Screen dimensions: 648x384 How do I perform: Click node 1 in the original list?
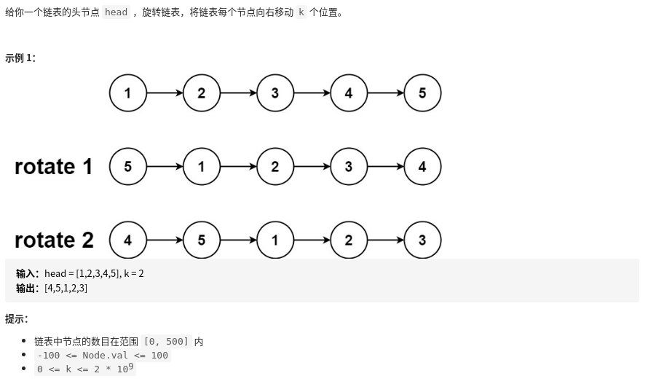128,93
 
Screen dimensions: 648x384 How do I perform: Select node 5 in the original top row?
422,93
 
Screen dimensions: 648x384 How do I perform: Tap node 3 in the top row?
275,93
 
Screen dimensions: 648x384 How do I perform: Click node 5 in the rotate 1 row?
128,167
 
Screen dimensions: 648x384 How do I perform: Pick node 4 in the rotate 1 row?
422,167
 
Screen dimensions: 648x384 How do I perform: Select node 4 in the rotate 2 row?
128,240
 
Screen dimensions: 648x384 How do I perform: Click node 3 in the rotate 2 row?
422,240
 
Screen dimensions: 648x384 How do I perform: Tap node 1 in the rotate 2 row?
275,240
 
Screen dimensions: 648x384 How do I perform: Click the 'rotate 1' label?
54,167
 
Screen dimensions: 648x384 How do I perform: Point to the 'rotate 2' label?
54,240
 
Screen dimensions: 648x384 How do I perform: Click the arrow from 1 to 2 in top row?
165,93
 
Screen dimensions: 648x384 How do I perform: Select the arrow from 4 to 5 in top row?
385,93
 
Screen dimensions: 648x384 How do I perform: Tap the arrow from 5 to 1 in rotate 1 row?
165,167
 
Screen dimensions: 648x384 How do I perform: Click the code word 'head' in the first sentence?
116,12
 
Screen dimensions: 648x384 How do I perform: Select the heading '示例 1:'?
20,58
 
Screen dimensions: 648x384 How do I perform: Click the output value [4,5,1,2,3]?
66,289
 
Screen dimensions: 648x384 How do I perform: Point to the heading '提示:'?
17,319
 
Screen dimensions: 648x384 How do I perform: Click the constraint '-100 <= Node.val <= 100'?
103,356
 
